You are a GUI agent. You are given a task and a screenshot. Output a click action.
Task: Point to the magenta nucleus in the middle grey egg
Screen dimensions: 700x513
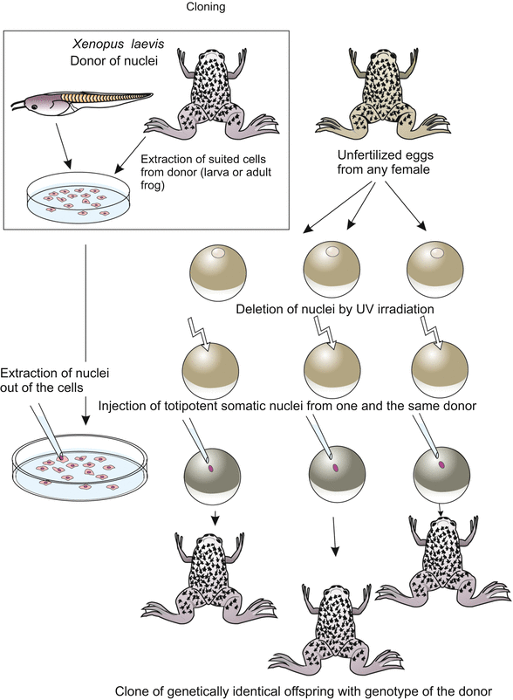335,469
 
